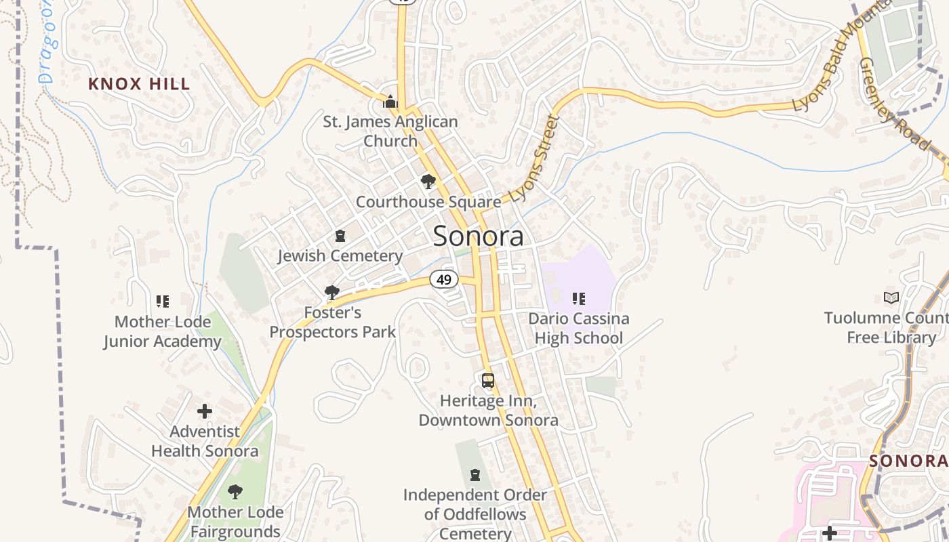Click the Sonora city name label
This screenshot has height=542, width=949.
[478, 236]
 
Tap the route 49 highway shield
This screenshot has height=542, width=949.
[444, 279]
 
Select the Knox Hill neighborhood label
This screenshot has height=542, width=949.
[139, 84]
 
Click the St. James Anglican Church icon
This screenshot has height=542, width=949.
[390, 102]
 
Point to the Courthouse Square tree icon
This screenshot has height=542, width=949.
[428, 182]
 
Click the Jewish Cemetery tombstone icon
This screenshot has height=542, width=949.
[340, 236]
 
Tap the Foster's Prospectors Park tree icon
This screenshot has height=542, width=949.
[332, 293]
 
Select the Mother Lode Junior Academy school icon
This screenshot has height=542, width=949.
[162, 301]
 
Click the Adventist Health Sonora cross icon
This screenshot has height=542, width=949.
[205, 411]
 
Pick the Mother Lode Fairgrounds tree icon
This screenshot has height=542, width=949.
[235, 491]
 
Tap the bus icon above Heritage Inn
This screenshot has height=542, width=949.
[488, 381]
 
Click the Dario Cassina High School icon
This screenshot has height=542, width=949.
[578, 299]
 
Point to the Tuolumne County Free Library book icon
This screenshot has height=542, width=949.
[891, 297]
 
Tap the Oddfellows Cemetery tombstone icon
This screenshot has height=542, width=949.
[475, 475]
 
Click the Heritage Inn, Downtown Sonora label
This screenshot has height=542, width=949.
[488, 411]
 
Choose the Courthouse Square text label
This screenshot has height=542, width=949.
[428, 202]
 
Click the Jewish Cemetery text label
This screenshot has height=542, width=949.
[340, 256]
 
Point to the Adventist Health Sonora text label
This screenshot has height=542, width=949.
[205, 441]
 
